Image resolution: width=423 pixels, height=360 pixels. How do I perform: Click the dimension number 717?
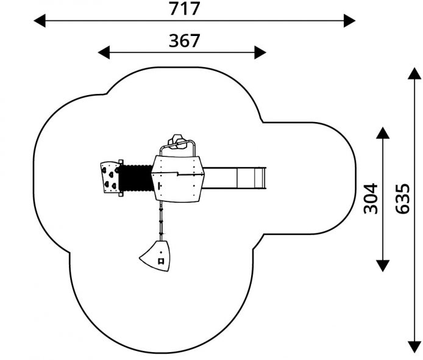[184, 9]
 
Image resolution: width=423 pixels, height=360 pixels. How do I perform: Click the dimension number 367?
[184, 40]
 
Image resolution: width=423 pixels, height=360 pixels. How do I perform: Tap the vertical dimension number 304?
[370, 198]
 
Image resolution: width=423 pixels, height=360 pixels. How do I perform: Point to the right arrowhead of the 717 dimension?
[349, 21]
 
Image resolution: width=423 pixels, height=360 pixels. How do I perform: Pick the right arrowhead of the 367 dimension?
[260, 52]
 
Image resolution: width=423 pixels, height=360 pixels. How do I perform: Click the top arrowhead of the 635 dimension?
[414, 74]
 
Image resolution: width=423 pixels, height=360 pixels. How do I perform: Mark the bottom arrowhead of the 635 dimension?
[414, 347]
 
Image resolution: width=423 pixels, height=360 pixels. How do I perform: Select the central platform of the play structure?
[177, 178]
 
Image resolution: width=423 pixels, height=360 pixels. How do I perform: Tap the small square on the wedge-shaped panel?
[162, 261]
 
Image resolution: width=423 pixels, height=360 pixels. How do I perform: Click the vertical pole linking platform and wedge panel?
[162, 220]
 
